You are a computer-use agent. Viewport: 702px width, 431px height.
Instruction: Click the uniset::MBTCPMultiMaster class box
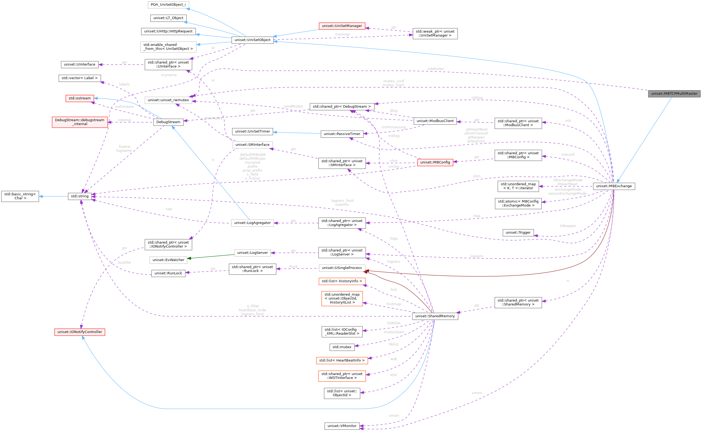[674, 93]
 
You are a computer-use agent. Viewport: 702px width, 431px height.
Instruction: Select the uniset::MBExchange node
[614, 186]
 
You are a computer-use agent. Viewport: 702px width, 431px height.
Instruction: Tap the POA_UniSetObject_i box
[168, 5]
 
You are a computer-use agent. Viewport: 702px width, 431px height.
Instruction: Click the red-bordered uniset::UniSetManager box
[342, 26]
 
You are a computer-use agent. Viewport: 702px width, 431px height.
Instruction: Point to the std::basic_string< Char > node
[20, 196]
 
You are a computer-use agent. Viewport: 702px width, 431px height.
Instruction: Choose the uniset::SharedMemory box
[435, 316]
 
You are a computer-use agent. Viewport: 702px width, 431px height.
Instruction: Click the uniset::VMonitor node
[342, 426]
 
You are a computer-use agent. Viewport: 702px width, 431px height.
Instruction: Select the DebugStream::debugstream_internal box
[80, 122]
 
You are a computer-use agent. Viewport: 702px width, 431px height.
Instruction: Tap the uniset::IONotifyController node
[80, 332]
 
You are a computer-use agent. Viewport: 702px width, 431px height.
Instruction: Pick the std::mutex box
[342, 347]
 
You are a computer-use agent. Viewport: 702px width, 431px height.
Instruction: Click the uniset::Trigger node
[518, 233]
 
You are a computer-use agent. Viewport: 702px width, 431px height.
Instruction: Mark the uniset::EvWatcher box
[168, 260]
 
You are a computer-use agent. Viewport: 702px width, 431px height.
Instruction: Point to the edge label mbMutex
[435, 69]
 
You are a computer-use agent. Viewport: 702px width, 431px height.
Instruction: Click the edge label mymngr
[343, 35]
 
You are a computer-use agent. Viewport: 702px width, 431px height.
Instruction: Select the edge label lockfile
[125, 262]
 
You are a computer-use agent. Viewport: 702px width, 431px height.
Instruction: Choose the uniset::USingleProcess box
[342, 268]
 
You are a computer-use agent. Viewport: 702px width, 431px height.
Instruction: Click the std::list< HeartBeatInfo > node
[342, 361]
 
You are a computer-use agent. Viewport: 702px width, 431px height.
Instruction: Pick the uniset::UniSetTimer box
[252, 132]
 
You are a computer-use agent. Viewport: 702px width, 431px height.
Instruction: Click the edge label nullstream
[124, 107]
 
